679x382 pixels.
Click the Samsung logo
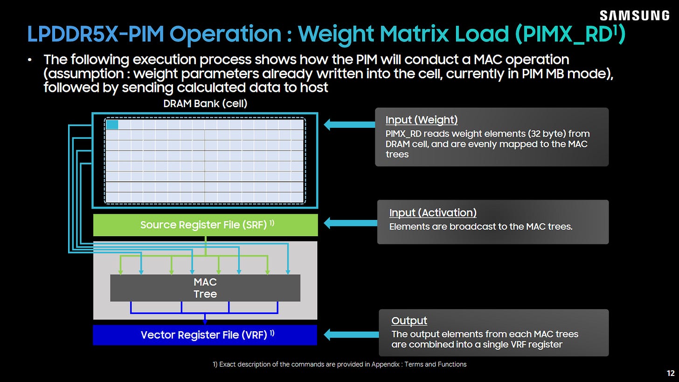(634, 15)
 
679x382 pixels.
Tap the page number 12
(671, 373)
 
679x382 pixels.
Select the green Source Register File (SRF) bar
(206, 225)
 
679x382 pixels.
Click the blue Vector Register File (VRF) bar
(205, 335)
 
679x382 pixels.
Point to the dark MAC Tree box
(205, 288)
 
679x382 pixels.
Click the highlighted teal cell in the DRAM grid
(112, 125)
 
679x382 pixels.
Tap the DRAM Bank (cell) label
(205, 103)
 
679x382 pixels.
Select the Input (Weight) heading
(422, 120)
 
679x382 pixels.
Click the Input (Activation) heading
(433, 212)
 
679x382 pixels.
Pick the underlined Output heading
(409, 321)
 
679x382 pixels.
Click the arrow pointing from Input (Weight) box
(349, 124)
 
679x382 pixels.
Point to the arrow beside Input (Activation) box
(351, 223)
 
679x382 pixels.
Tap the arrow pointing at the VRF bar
(351, 334)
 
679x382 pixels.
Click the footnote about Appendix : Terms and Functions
(339, 364)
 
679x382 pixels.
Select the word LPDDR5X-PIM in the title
(96, 34)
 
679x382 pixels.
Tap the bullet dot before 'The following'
(29, 60)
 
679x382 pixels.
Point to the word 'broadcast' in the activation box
(474, 226)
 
